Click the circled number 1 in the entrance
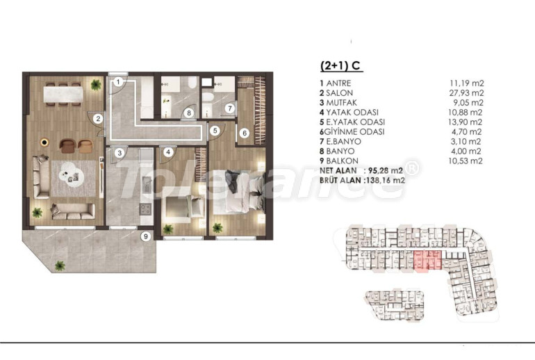118,82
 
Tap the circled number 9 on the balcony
146,236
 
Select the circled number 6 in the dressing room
245,133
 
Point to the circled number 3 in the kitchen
120,153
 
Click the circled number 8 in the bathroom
188,113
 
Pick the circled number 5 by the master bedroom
215,131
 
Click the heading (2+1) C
340,65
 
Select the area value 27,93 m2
466,93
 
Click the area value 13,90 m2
466,122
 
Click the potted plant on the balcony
60,265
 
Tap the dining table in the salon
63,94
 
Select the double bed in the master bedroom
239,191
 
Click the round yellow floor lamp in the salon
44,142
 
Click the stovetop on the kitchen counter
146,208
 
